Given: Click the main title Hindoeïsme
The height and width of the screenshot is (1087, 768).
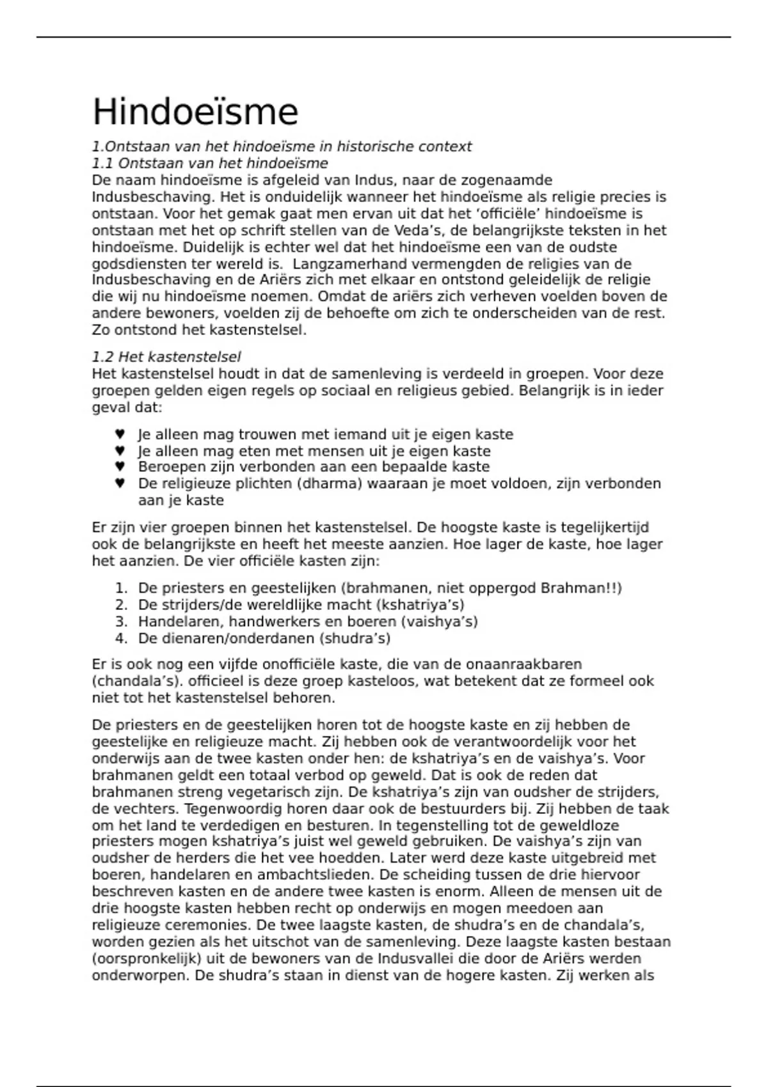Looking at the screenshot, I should [x=195, y=113].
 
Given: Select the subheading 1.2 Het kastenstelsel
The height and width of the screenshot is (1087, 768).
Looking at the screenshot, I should [x=166, y=357].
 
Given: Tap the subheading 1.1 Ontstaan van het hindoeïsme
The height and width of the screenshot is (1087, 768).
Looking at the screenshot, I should [x=210, y=163].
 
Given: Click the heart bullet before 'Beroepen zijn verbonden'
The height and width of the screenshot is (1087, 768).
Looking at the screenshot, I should [x=120, y=467].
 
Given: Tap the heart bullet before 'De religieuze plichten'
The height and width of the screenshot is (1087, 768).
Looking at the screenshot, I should [x=120, y=483].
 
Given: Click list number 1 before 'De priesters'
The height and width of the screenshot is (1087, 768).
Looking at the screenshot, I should [x=122, y=588].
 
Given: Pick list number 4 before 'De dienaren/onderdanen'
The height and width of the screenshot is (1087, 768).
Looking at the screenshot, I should [x=122, y=638].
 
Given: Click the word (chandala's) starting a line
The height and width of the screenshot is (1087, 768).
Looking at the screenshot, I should [x=137, y=681].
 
